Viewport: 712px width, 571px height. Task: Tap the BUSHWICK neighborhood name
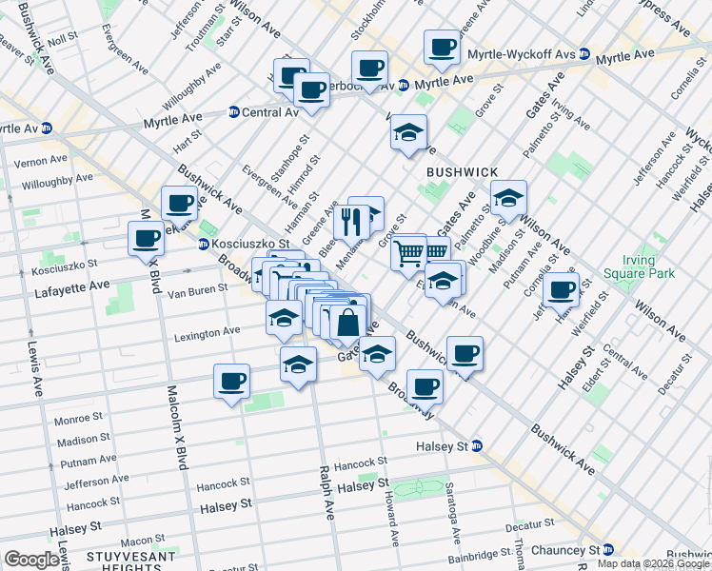463,171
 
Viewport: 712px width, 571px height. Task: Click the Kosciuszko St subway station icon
204,245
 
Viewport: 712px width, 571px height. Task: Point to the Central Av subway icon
233,111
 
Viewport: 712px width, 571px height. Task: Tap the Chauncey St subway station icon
609,550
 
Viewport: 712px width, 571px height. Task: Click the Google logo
31,560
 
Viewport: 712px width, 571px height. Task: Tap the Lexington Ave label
207,333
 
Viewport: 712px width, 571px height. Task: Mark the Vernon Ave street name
39,159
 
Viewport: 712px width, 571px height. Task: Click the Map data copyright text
651,562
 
